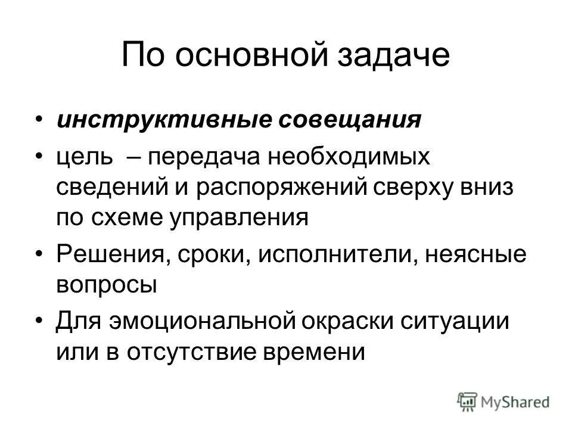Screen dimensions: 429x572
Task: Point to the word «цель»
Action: point(83,158)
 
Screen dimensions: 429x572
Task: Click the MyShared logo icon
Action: point(467,401)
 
